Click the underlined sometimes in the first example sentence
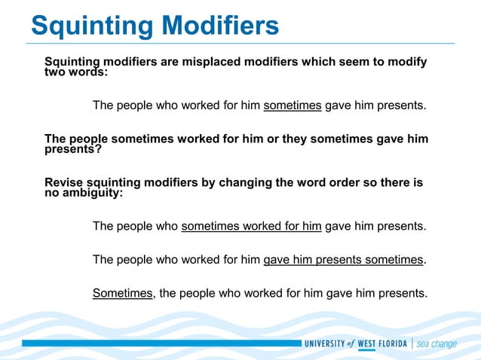[293, 105]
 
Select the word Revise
[65, 183]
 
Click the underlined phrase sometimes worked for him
[252, 226]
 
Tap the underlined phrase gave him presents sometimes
[343, 260]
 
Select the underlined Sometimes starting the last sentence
[122, 294]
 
